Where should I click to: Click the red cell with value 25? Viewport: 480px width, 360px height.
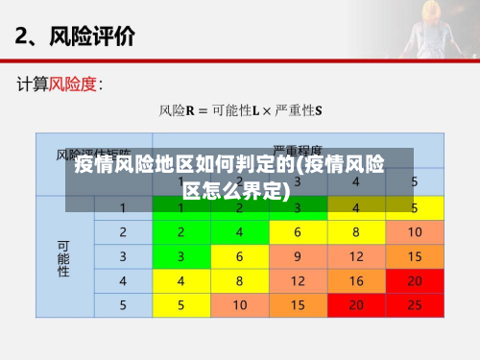pyautogui.click(x=415, y=305)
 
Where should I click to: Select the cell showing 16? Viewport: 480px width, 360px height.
pyautogui.click(x=356, y=281)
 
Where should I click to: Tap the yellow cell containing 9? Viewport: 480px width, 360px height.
pyautogui.click(x=298, y=256)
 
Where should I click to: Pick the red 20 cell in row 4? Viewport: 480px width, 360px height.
pyautogui.click(x=415, y=281)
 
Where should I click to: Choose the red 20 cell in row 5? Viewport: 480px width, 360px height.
pyautogui.click(x=356, y=305)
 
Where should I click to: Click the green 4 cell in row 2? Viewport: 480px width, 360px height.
pyautogui.click(x=239, y=232)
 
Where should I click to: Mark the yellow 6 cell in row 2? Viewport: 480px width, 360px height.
pyautogui.click(x=298, y=232)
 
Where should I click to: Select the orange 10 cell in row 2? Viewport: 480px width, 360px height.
pyautogui.click(x=415, y=232)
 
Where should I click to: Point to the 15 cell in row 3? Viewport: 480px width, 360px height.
pyautogui.click(x=415, y=256)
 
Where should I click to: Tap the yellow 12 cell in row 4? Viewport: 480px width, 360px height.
pyautogui.click(x=298, y=281)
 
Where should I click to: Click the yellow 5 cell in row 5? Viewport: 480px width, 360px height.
pyautogui.click(x=180, y=305)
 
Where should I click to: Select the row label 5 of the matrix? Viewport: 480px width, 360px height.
pyautogui.click(x=123, y=305)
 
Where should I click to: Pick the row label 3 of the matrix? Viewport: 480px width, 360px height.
pyautogui.click(x=123, y=256)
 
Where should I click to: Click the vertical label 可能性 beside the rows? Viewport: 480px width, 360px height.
pyautogui.click(x=64, y=257)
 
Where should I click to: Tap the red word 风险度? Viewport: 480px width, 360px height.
pyautogui.click(x=72, y=84)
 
